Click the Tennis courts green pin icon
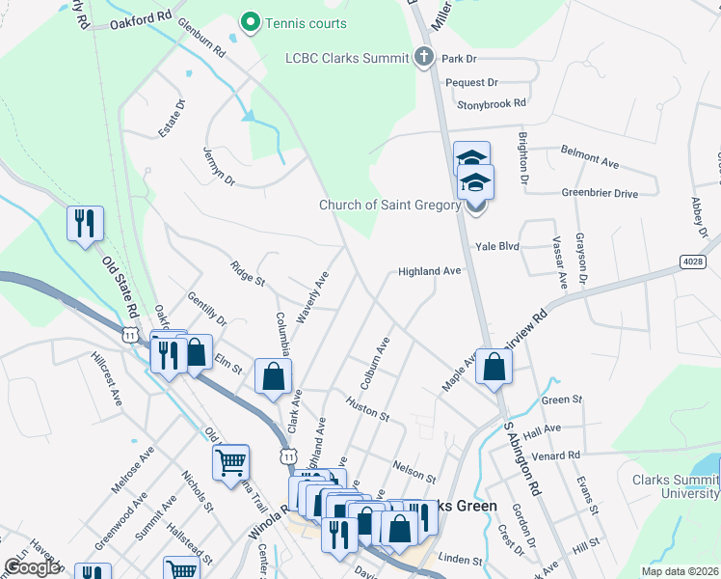click(252, 21)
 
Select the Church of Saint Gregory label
click(389, 205)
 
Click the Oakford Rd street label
click(140, 19)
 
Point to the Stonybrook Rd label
click(492, 103)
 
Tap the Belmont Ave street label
click(590, 157)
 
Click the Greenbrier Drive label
click(600, 193)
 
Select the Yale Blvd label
click(496, 246)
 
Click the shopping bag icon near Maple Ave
click(494, 366)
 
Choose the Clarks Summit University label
click(675, 486)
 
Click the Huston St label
click(367, 410)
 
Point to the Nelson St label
click(414, 472)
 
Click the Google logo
click(32, 567)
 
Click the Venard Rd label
click(561, 455)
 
